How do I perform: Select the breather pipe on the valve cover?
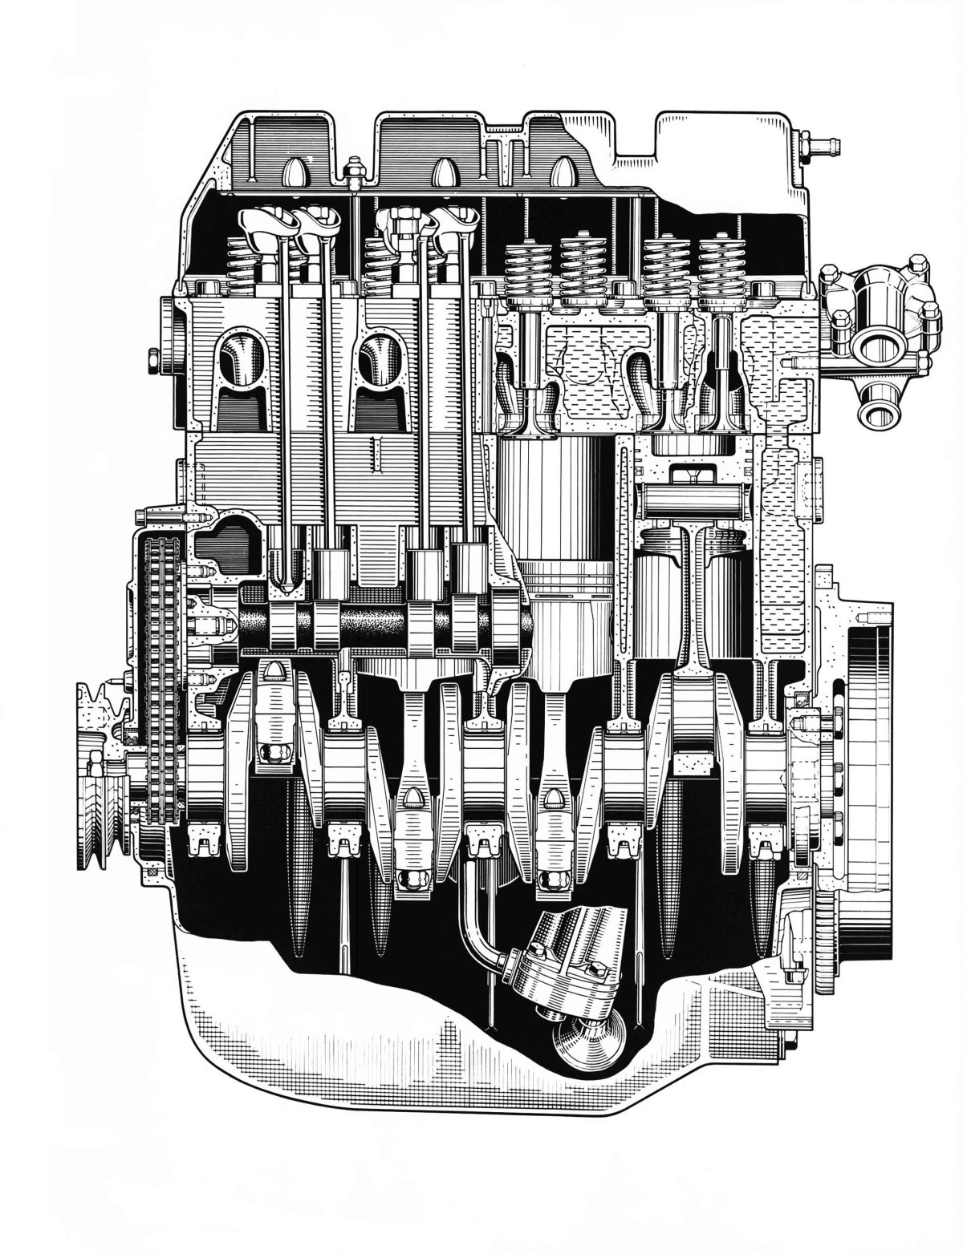[819, 145]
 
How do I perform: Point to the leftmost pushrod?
[282, 401]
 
